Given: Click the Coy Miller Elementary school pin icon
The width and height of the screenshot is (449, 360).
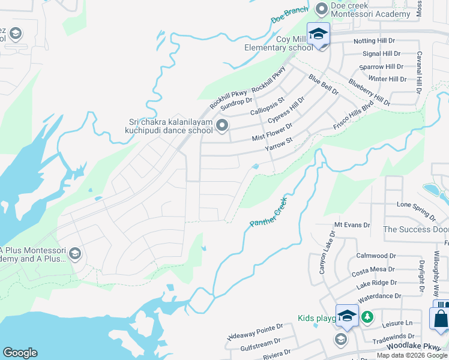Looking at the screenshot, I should pos(319,34).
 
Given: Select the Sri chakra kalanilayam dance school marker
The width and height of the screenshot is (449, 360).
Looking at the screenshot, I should pos(223,125).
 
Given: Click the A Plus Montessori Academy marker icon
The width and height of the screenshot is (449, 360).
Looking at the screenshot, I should pos(74,254).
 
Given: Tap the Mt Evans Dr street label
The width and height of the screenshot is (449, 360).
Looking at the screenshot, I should pos(352,224).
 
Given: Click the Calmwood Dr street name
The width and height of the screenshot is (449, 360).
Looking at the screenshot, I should pos(376,256).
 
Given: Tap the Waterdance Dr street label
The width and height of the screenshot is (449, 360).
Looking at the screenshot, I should pos(380,296).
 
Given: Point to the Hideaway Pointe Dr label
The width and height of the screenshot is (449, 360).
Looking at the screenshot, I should pos(255,332).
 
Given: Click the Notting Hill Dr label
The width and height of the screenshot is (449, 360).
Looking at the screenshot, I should pos(374,41).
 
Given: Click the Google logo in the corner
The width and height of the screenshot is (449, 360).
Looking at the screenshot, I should pos(20,353).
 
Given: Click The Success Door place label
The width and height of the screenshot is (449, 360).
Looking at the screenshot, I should pos(415,229).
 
